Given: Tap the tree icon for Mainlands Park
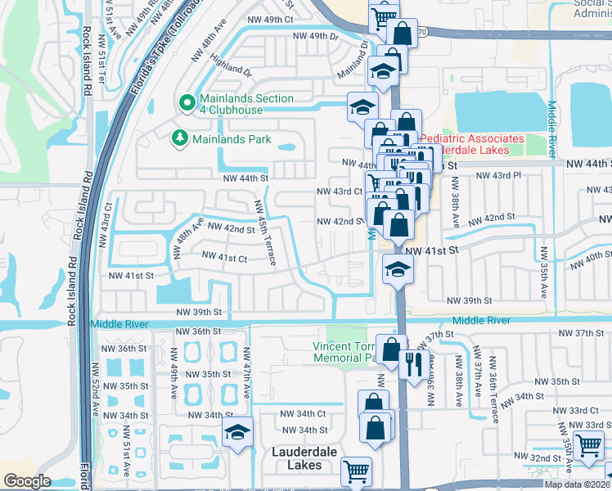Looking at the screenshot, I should click(x=179, y=139).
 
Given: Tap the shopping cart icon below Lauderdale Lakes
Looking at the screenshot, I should click(x=356, y=471).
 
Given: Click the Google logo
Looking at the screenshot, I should click(x=27, y=481).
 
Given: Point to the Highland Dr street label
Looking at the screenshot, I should click(x=231, y=67).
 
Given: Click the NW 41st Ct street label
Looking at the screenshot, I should click(x=225, y=258).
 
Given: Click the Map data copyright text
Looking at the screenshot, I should click(x=577, y=484).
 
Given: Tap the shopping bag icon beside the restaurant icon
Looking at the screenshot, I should click(x=391, y=349).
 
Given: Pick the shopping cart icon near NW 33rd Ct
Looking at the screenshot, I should click(x=588, y=446).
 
